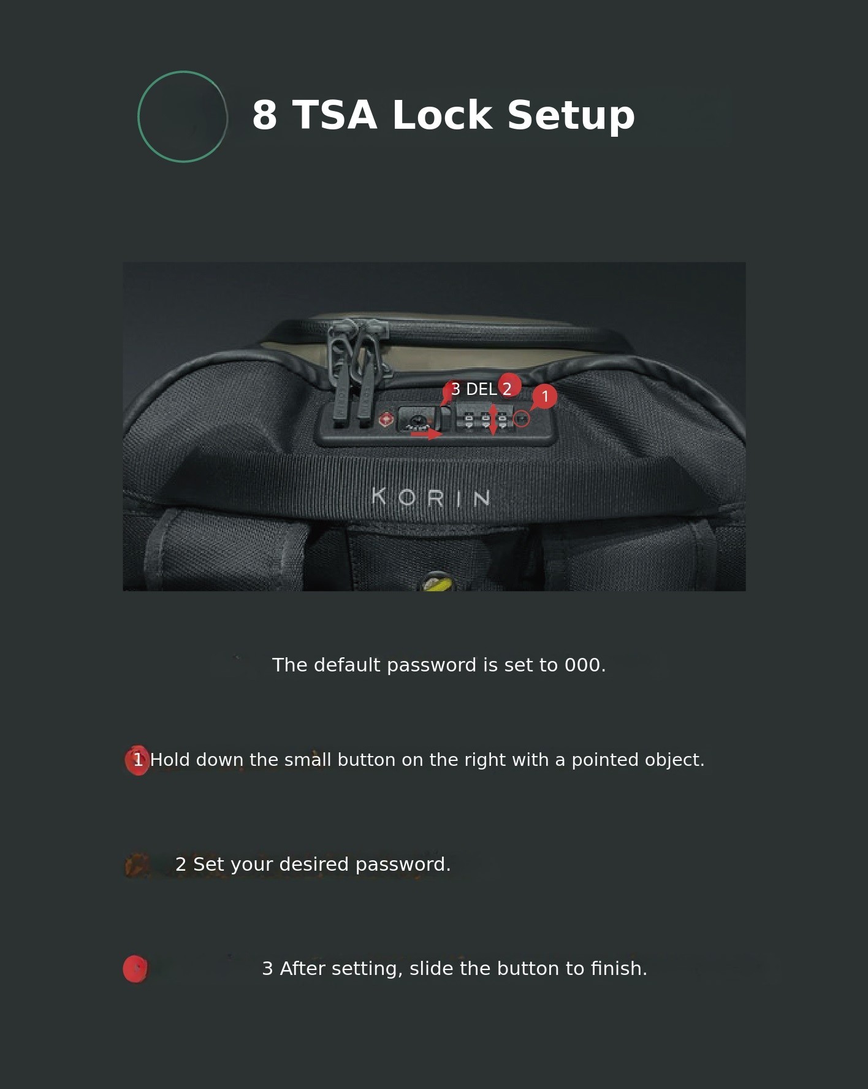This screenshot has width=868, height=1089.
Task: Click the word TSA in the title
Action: coord(334,115)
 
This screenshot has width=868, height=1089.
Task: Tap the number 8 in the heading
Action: coord(264,115)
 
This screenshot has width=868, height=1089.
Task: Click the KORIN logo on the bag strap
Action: coord(431,497)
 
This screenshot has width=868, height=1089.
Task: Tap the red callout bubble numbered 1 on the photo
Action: coord(544,397)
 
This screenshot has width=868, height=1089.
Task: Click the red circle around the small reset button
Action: coord(521,419)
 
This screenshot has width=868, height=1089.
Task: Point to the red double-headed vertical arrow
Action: coord(493,420)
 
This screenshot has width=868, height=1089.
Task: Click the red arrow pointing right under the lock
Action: coord(426,434)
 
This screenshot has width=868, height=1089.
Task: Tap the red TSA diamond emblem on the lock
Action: coord(386,419)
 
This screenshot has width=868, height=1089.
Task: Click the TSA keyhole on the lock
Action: coord(417,420)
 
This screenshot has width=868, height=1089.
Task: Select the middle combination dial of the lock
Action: coord(485,419)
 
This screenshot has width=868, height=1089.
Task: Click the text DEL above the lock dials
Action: coord(481,389)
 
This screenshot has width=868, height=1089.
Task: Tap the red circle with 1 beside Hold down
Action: coord(137,760)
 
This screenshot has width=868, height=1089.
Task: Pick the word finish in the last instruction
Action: coord(619,969)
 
